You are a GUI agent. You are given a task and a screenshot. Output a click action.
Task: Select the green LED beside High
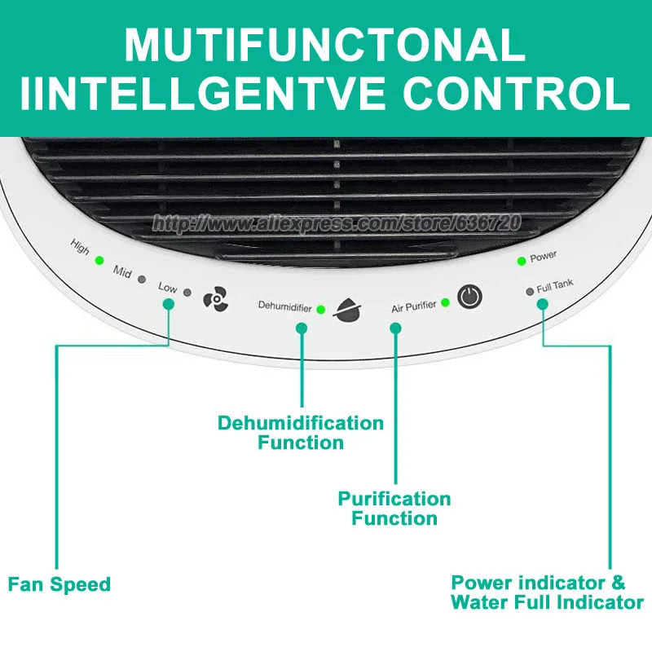pos(99,261)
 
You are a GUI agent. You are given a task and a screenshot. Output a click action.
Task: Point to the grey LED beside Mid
pos(142,279)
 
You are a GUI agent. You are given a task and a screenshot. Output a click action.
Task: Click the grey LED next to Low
pos(187,291)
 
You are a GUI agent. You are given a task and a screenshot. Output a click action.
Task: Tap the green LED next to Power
pos(521,261)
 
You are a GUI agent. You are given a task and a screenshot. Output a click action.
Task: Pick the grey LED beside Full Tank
pos(529,291)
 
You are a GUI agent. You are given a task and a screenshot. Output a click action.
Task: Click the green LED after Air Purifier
pos(445,303)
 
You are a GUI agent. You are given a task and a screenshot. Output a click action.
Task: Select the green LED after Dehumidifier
pos(320,309)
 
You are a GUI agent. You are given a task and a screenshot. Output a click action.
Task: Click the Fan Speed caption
pos(59,584)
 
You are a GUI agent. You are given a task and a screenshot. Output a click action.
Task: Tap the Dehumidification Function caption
pos(300,433)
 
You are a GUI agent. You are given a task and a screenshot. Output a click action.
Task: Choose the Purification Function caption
pos(394,508)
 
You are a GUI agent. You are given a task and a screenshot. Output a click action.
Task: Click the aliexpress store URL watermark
pos(337,222)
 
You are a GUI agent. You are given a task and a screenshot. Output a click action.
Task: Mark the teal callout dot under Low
pos(168,304)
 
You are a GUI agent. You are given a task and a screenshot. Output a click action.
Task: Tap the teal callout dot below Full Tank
pos(542,303)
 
